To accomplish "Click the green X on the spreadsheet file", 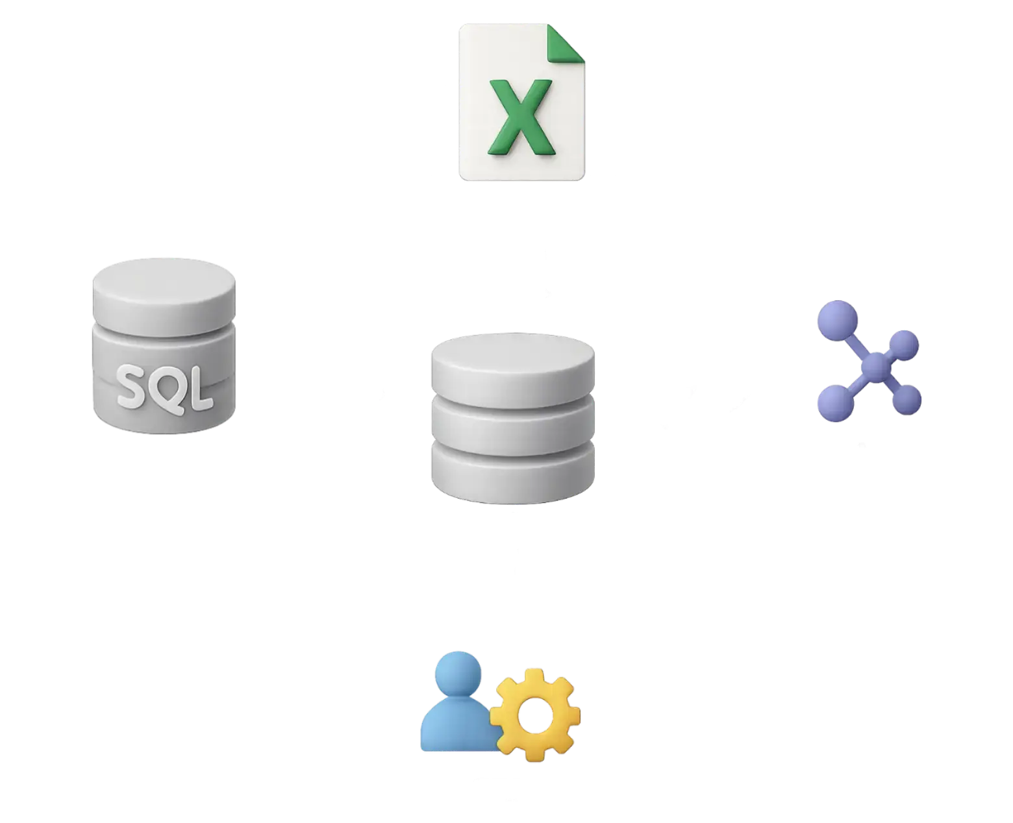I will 521,117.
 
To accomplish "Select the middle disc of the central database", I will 512,422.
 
